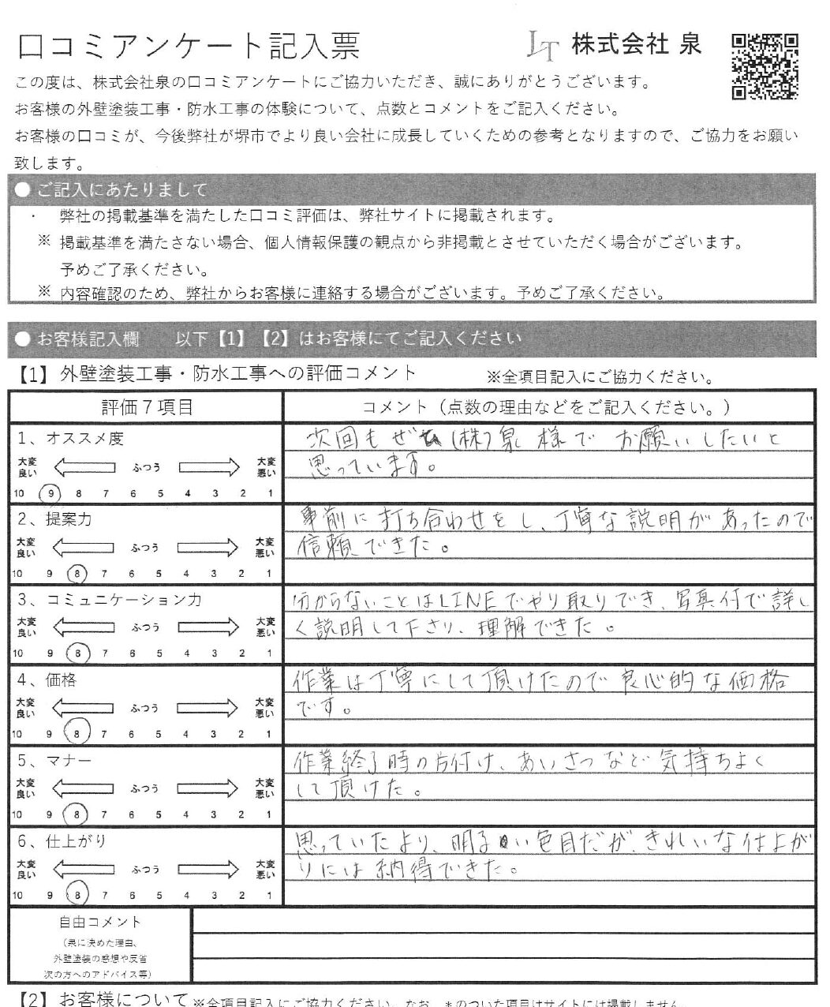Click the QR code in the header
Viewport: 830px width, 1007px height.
[765, 67]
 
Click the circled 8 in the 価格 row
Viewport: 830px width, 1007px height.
[77, 735]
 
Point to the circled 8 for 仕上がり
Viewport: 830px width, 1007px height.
[77, 895]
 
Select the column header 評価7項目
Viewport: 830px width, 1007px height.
[147, 407]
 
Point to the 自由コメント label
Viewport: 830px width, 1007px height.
[100, 922]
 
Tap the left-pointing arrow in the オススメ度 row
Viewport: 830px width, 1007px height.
[83, 467]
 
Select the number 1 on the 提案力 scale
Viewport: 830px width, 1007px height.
[270, 574]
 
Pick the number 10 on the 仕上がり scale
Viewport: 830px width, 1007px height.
[17, 896]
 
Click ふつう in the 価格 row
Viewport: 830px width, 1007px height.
[146, 709]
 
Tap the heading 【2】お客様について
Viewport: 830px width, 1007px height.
[103, 1000]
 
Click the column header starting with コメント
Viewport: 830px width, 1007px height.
[545, 407]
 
